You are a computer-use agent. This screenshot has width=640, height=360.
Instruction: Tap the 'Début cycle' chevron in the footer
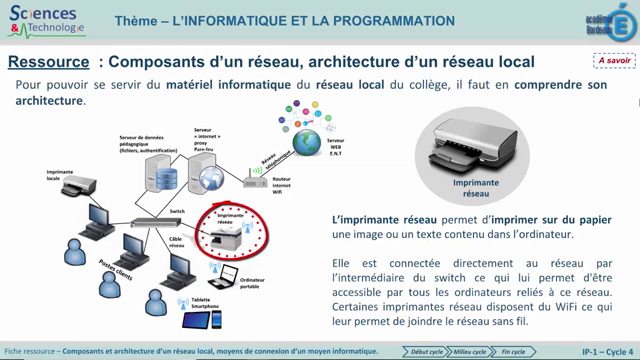point(424,351)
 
